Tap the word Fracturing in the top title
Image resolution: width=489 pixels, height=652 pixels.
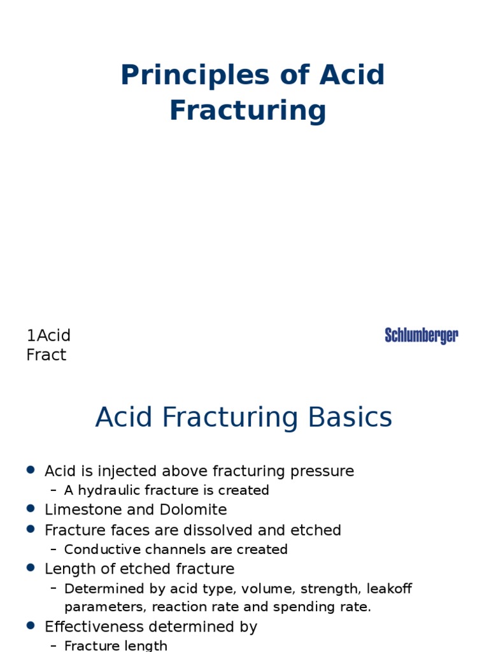point(248,110)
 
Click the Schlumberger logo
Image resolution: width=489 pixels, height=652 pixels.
point(422,336)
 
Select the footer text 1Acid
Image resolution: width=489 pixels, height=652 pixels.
point(48,336)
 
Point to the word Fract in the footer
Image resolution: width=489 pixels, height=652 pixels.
point(46,355)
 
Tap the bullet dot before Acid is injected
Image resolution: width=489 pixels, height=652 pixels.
point(31,470)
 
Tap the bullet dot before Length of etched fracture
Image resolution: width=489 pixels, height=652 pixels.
point(31,567)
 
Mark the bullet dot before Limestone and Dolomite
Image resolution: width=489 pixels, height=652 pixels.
point(31,509)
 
